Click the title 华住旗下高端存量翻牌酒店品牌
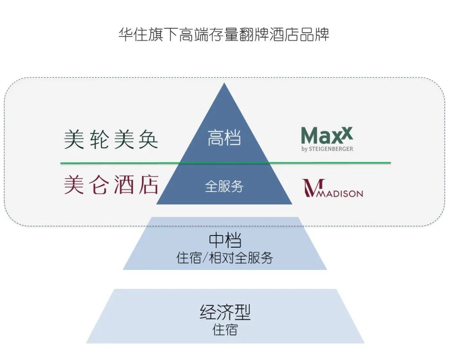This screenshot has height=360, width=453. [224, 34]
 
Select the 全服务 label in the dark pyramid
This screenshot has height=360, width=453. [224, 186]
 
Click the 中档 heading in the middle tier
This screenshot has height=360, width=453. [225, 241]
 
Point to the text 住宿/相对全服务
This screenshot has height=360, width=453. [225, 257]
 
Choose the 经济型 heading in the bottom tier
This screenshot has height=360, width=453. [225, 313]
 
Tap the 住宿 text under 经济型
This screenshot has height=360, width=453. [225, 329]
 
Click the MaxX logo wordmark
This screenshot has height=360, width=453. [327, 136]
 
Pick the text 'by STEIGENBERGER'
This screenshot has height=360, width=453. [327, 149]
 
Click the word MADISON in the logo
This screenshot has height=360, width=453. [340, 194]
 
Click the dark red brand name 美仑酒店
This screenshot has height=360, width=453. [111, 185]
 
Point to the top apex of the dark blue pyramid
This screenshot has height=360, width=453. [224, 84]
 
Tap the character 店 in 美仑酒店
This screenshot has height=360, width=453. [148, 185]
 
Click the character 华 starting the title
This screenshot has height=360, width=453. [125, 34]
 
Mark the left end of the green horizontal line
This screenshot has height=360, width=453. [61, 163]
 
